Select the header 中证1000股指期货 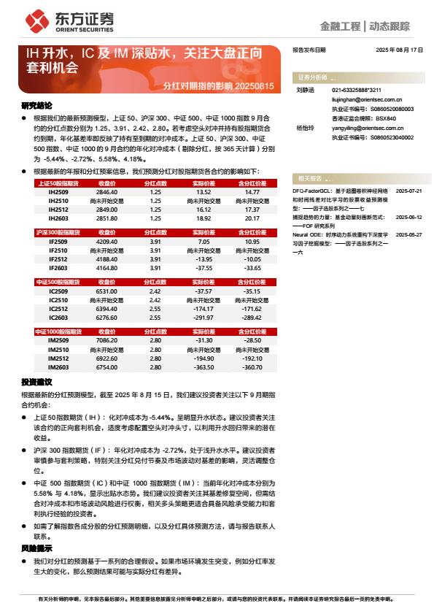click(58, 331)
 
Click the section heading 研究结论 click(36, 106)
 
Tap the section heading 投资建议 click(36, 381)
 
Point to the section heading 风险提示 click(36, 548)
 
